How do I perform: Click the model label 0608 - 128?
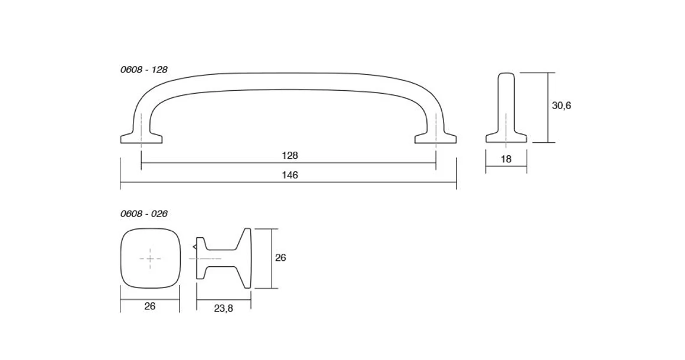143,70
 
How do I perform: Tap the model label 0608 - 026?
143,214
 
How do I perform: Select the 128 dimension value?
289,155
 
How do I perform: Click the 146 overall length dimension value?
289,175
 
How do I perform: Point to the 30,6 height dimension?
562,106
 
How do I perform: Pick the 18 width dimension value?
506,159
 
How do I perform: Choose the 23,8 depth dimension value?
223,309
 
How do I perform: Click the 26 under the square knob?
150,306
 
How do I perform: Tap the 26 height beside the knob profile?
280,258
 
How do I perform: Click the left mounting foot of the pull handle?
141,138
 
